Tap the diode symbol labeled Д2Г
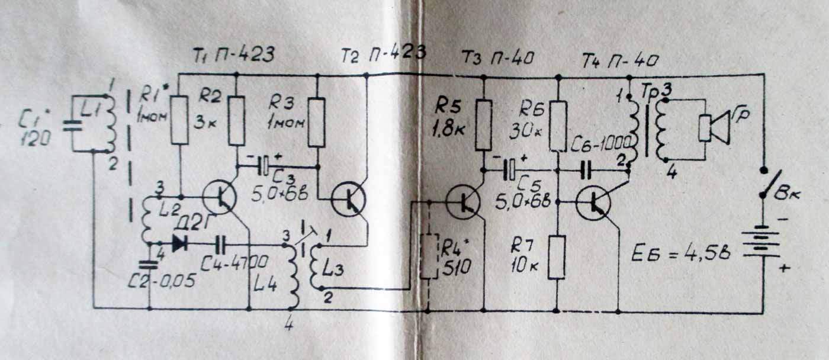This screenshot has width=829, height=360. (x=177, y=243)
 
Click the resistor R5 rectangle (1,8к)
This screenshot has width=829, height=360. (x=484, y=124)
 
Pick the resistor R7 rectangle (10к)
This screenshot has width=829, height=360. (x=558, y=257)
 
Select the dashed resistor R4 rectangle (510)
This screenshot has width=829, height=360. (x=428, y=257)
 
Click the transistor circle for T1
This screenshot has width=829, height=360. (x=219, y=198)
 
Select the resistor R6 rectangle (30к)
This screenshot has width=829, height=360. (x=558, y=125)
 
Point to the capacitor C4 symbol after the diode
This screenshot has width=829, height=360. (x=222, y=243)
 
